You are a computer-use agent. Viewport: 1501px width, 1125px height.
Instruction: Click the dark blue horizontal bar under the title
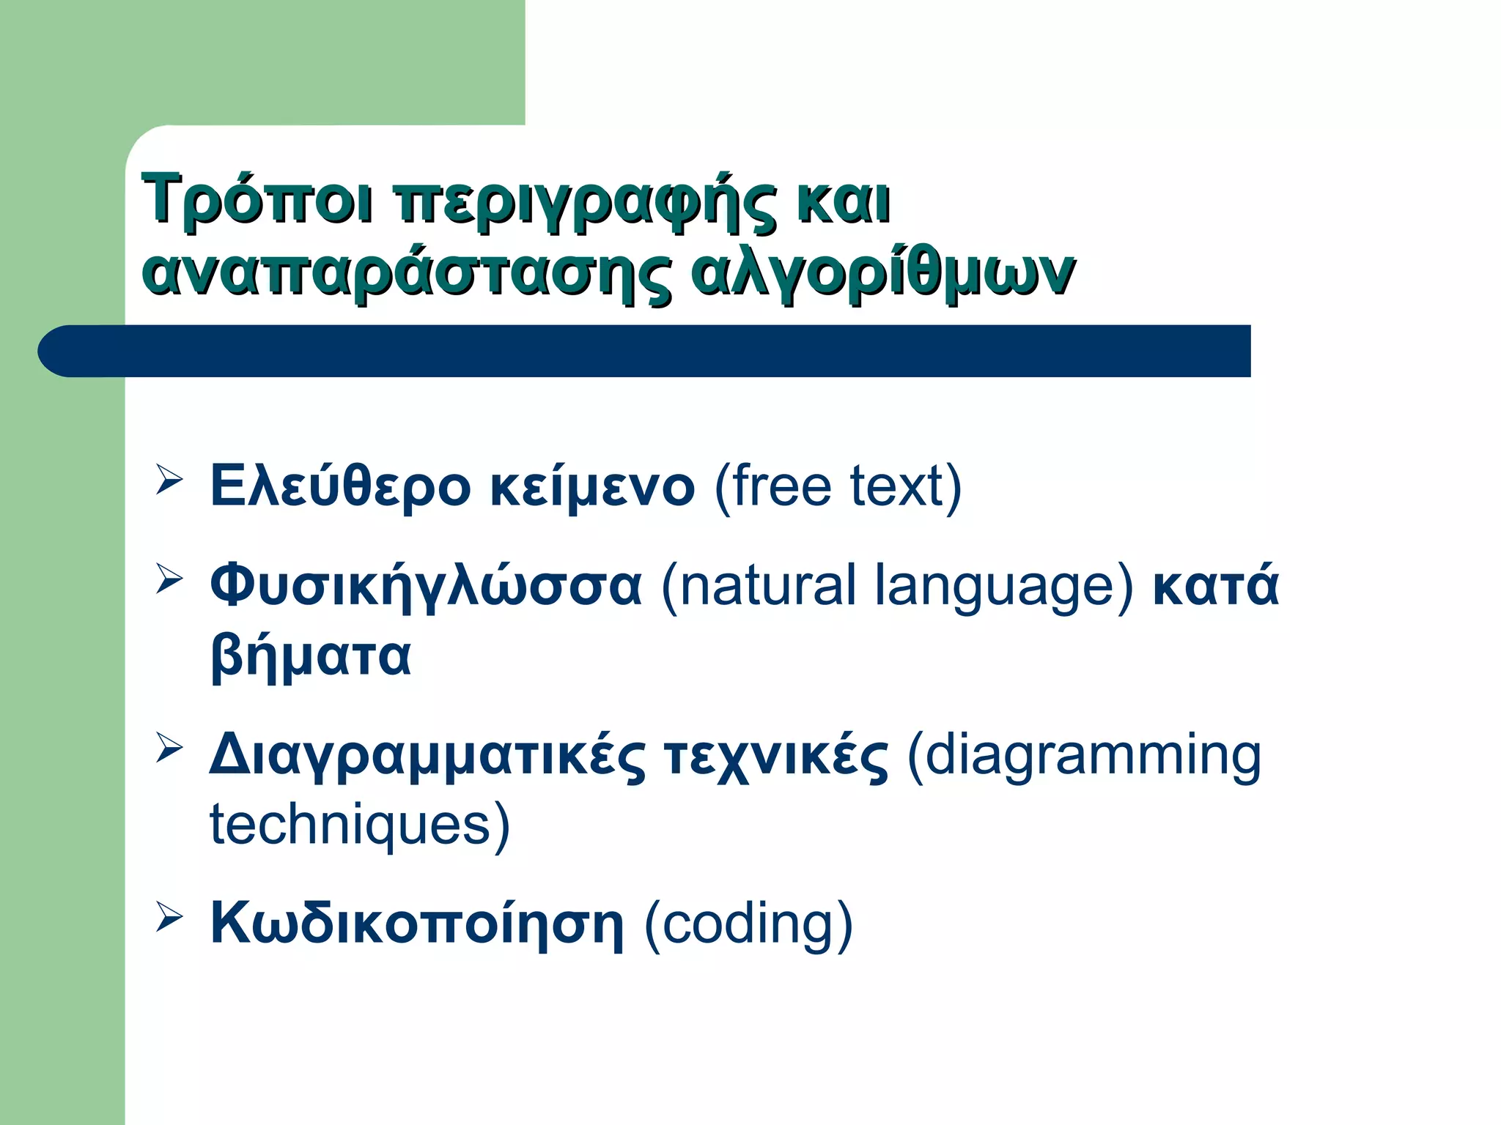pos(645,351)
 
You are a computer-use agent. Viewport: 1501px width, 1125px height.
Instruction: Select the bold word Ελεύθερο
pos(340,486)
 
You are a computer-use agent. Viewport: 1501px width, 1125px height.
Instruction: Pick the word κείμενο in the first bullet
pos(592,486)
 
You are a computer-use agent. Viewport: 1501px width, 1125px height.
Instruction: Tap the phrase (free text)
pos(837,486)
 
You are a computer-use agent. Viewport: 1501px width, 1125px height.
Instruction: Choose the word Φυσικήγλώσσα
pos(425,586)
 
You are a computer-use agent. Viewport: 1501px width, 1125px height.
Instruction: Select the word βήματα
pos(310,656)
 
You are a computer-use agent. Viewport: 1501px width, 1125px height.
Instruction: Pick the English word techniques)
pos(359,824)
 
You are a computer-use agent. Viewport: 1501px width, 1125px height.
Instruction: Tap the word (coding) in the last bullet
pos(748,924)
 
